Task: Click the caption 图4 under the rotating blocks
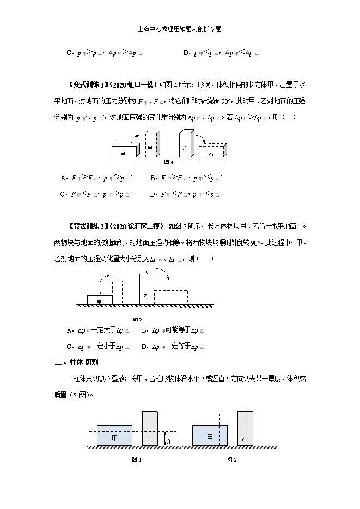point(168,162)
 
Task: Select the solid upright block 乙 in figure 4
point(185,148)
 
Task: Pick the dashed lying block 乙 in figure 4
point(211,154)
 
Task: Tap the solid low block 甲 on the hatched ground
point(100,300)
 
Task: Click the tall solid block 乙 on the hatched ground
point(147,290)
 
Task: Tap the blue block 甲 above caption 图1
point(114,436)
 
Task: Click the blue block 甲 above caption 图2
point(210,436)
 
